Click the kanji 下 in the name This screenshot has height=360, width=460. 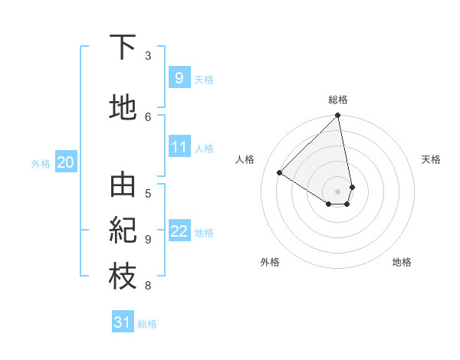coord(123,47)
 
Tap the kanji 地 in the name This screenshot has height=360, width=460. coord(123,108)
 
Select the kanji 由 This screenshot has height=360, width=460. coord(123,185)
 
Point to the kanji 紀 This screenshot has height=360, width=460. coord(123,231)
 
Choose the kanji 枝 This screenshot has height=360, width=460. coord(123,278)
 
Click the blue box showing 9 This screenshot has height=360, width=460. coord(179,77)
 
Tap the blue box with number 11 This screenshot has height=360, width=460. coord(179,148)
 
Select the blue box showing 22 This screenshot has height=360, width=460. coord(179,232)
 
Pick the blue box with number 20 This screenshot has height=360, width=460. coord(66,162)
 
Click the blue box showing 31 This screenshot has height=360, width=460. coord(123,322)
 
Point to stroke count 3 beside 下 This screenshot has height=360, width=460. coord(148,55)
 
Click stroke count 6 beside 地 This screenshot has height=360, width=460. coord(148,116)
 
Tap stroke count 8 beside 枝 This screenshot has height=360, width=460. coord(148,286)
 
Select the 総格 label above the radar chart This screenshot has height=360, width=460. coord(338,100)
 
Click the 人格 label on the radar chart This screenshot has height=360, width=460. coord(245,159)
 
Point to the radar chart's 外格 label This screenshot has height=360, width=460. coord(270,262)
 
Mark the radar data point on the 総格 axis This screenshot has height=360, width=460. coord(338,116)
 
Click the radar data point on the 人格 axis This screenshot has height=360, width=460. coord(280,173)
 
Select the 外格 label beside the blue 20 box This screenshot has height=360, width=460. coord(41,162)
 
